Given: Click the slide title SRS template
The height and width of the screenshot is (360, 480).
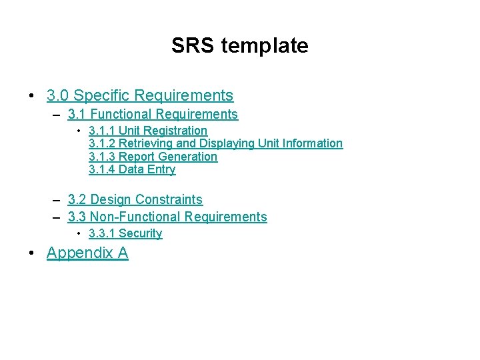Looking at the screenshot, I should [239, 45].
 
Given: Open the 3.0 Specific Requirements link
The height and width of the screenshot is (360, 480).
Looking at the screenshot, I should [140, 95].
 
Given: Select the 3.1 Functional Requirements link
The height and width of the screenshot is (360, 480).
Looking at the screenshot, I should [153, 114].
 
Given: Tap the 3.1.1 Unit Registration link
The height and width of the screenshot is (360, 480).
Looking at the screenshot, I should [148, 131].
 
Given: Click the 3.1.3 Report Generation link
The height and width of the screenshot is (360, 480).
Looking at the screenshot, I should [153, 157].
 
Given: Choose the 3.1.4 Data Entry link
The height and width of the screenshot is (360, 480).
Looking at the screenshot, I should [132, 169].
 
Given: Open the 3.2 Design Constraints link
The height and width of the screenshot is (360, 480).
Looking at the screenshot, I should [135, 199].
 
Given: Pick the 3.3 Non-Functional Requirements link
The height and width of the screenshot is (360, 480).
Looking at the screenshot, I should [167, 217].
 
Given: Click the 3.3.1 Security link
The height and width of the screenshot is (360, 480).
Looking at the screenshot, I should [125, 233].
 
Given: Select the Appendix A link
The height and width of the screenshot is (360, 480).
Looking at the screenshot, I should [87, 253].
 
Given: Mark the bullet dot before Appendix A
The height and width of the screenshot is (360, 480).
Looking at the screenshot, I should [32, 253].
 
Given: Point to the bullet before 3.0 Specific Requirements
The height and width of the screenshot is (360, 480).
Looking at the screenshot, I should [32, 96].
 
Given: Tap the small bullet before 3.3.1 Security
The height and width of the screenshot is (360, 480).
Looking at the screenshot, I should [79, 233].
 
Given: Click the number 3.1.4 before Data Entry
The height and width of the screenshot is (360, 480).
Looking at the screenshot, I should [102, 169].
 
